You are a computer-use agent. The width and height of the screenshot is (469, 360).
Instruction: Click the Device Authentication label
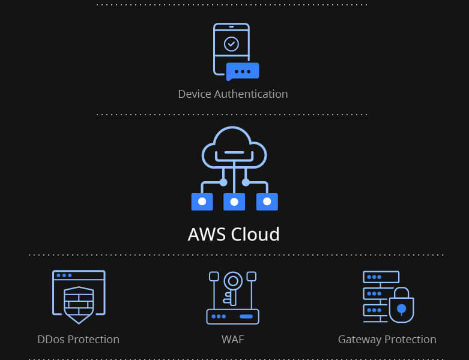(x=233, y=94)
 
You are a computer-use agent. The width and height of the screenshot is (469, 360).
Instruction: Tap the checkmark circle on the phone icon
(x=231, y=44)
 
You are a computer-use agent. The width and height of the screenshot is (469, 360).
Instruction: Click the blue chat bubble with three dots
(x=243, y=71)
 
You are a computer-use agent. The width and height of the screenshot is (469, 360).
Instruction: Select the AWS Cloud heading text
(x=234, y=234)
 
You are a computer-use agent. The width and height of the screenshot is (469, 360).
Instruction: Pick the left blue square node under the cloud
(x=202, y=202)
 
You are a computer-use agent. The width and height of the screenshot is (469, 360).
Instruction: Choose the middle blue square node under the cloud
(x=234, y=202)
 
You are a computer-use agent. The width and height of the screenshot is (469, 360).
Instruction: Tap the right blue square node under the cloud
(x=267, y=202)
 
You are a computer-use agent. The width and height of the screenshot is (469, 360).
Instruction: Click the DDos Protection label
(x=78, y=340)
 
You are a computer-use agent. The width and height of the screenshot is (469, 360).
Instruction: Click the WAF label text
(x=233, y=340)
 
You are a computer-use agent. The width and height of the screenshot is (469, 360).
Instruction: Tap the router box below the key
(x=233, y=316)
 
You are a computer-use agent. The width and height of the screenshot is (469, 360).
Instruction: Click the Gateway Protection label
(x=387, y=340)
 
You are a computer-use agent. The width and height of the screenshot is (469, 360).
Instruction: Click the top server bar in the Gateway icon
(x=381, y=277)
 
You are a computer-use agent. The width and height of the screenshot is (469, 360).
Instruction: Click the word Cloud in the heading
(x=256, y=234)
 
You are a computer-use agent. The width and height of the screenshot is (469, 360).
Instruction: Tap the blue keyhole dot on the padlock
(x=402, y=309)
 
